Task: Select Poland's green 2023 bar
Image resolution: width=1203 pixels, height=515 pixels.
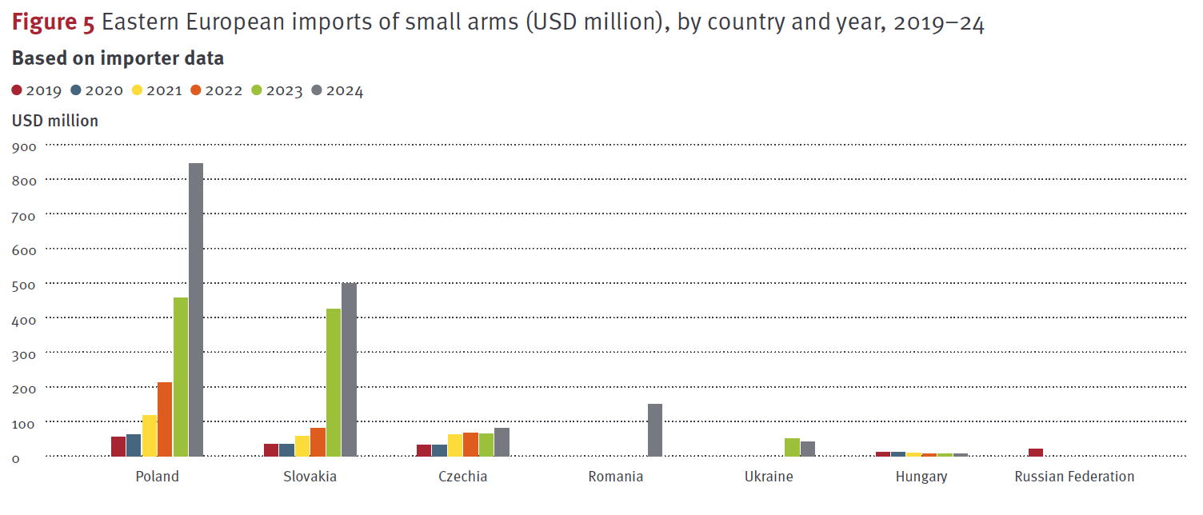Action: point(181,377)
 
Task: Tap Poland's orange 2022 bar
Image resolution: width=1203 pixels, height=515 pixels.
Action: point(165,419)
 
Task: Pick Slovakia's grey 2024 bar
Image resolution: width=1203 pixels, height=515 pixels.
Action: point(349,369)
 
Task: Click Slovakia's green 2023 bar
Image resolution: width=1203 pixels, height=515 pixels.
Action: point(334,382)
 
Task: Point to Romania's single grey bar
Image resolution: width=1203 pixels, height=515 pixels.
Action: point(655,430)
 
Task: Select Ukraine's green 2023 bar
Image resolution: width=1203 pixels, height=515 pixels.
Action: point(792,447)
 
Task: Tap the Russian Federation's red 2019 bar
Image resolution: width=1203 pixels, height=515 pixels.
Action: point(1036,452)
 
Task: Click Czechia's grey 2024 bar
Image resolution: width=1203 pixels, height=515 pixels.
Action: point(502,442)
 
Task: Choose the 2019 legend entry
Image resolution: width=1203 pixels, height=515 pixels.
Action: point(37,90)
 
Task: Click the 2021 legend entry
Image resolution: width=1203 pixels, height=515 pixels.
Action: point(156,90)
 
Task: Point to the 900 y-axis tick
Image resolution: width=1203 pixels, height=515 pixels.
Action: point(24,147)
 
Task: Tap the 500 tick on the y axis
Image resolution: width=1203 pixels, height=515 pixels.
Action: point(24,285)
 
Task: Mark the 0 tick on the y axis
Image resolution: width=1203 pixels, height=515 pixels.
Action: point(16,458)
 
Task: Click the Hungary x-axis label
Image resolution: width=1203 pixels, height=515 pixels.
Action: point(921,477)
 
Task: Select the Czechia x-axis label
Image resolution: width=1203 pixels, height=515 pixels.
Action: point(462,477)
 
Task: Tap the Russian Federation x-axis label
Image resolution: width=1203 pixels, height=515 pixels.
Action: point(1074,477)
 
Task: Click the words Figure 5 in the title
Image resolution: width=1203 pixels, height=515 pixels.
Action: point(53,24)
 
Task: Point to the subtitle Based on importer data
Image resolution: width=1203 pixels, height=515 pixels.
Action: point(118,58)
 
